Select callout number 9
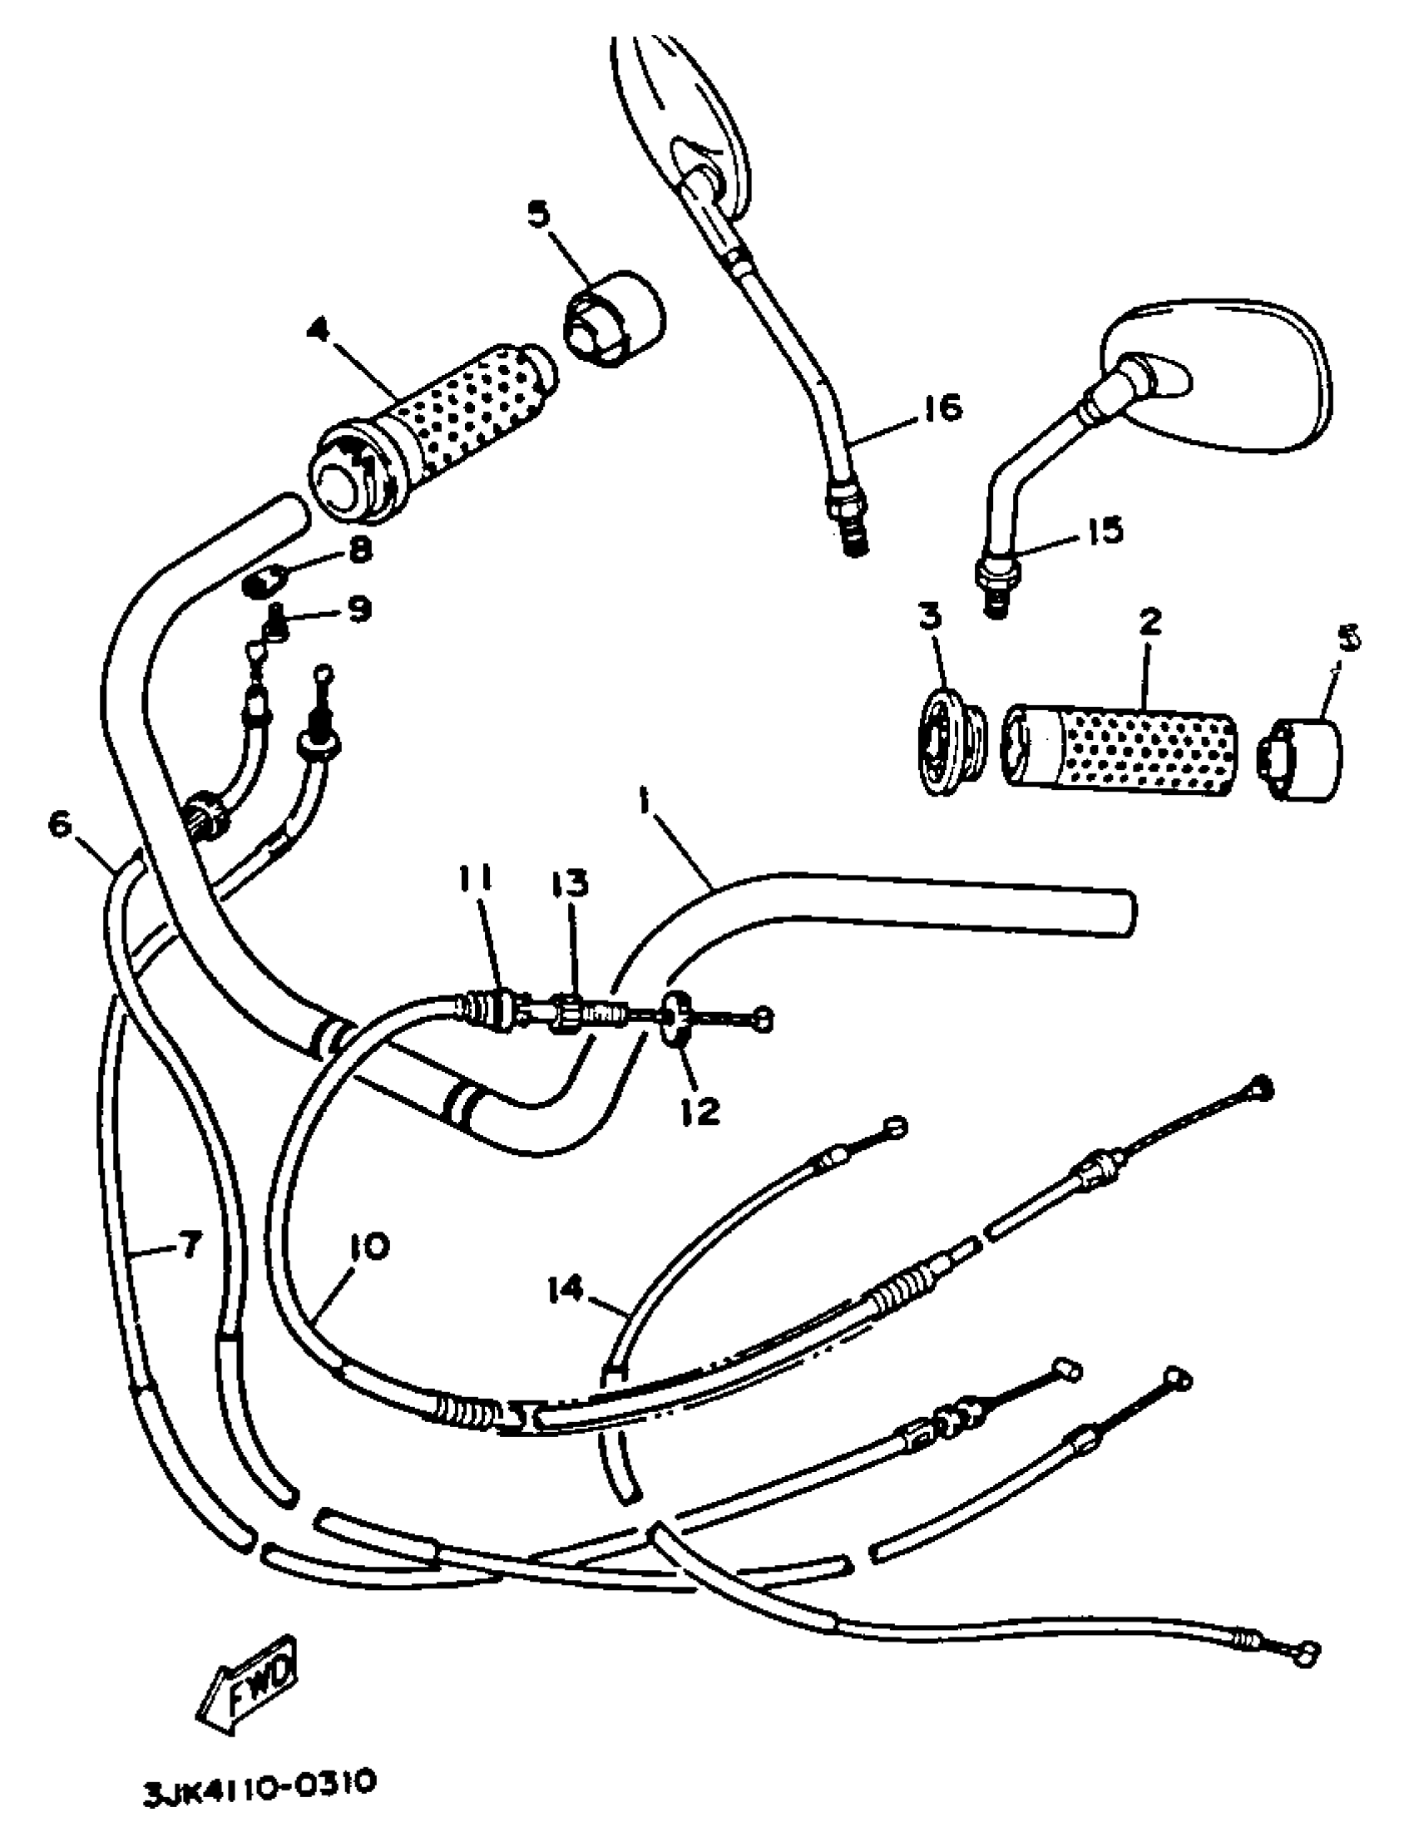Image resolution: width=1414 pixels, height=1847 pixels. pyautogui.click(x=358, y=609)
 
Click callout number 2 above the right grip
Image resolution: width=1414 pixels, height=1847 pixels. pyautogui.click(x=1149, y=622)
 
